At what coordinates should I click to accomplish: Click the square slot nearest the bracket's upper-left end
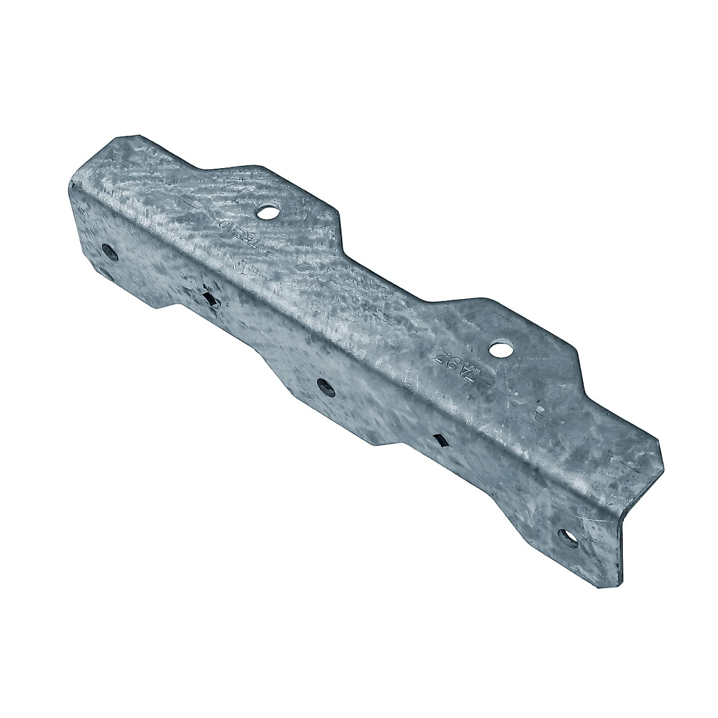point(209,297)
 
